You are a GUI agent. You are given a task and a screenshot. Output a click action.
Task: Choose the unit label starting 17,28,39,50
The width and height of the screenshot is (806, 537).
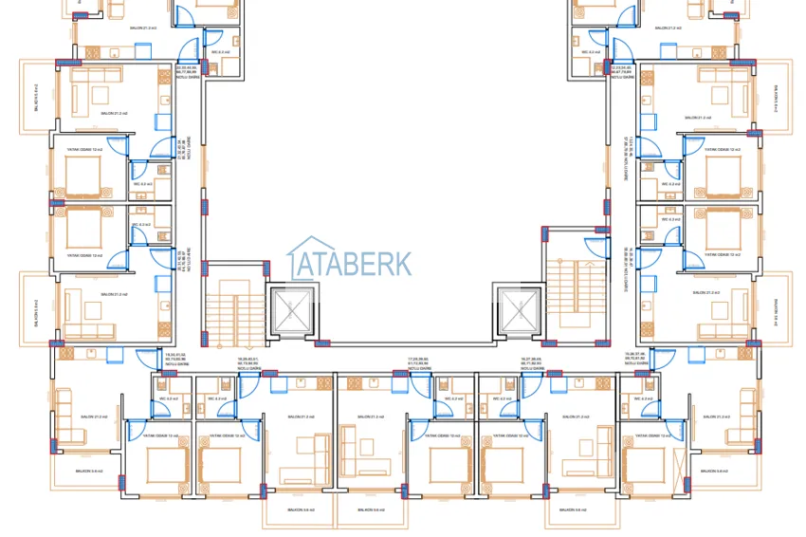(416, 361)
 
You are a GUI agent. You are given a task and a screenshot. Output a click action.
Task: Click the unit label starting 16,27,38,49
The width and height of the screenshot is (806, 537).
(531, 361)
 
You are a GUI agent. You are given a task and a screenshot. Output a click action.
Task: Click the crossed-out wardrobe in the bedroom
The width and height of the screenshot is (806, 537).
(678, 468)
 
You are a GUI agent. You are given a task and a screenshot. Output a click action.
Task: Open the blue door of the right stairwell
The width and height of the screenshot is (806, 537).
(595, 248)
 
